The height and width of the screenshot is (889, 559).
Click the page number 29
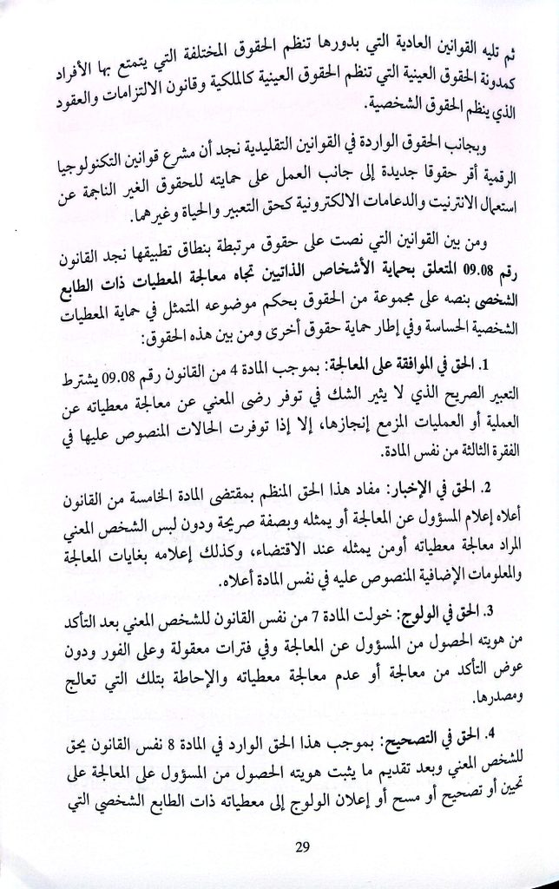tap(278, 846)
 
